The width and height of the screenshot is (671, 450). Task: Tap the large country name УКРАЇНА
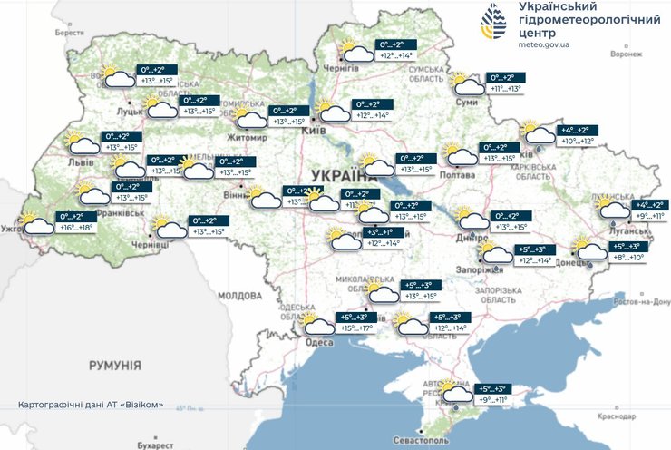coord(345,175)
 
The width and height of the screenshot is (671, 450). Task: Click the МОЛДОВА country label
coord(238,296)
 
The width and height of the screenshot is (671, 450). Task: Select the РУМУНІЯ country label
coord(114,365)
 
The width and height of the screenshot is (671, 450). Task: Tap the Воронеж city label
coord(626,54)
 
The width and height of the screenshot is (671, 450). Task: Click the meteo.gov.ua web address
coord(544,43)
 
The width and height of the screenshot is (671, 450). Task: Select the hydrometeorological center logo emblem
coord(494,24)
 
